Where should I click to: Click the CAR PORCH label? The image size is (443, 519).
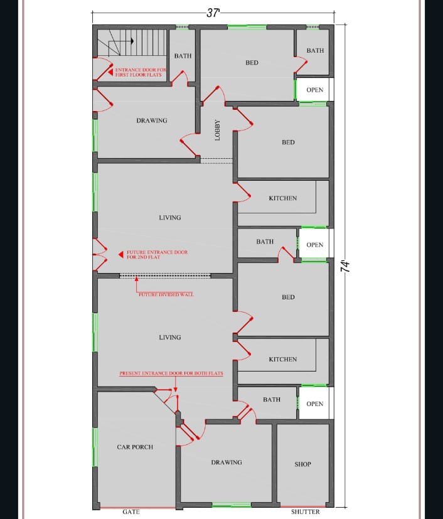(x=135, y=447)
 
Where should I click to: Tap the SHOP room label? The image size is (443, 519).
(x=302, y=464)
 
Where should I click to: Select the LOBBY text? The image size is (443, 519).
(x=217, y=130)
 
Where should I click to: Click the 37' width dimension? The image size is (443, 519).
(x=213, y=13)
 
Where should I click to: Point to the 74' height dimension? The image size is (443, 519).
(x=345, y=266)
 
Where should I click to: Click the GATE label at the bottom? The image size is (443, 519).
(x=131, y=511)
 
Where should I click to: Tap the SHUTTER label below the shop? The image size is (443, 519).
(x=306, y=511)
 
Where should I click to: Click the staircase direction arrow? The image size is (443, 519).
(x=121, y=41)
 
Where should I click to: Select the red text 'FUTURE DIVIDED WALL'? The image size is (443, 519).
(x=166, y=294)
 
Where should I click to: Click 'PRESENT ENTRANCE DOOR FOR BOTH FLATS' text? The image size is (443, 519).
(x=171, y=373)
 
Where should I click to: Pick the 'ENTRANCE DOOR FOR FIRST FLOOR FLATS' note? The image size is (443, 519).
(x=141, y=72)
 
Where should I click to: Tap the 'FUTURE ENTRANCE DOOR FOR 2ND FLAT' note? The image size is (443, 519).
(x=157, y=255)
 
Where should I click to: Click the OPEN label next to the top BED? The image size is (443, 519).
(x=314, y=90)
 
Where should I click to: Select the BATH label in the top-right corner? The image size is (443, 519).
(x=315, y=50)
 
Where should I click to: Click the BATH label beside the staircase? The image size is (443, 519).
(x=183, y=56)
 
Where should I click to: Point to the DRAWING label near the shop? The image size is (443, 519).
(x=227, y=462)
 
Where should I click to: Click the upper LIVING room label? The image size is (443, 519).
(x=169, y=218)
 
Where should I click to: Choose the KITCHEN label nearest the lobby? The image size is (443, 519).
(x=283, y=198)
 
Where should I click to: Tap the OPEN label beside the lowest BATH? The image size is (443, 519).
(x=314, y=404)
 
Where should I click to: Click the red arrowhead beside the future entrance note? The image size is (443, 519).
(x=121, y=255)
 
